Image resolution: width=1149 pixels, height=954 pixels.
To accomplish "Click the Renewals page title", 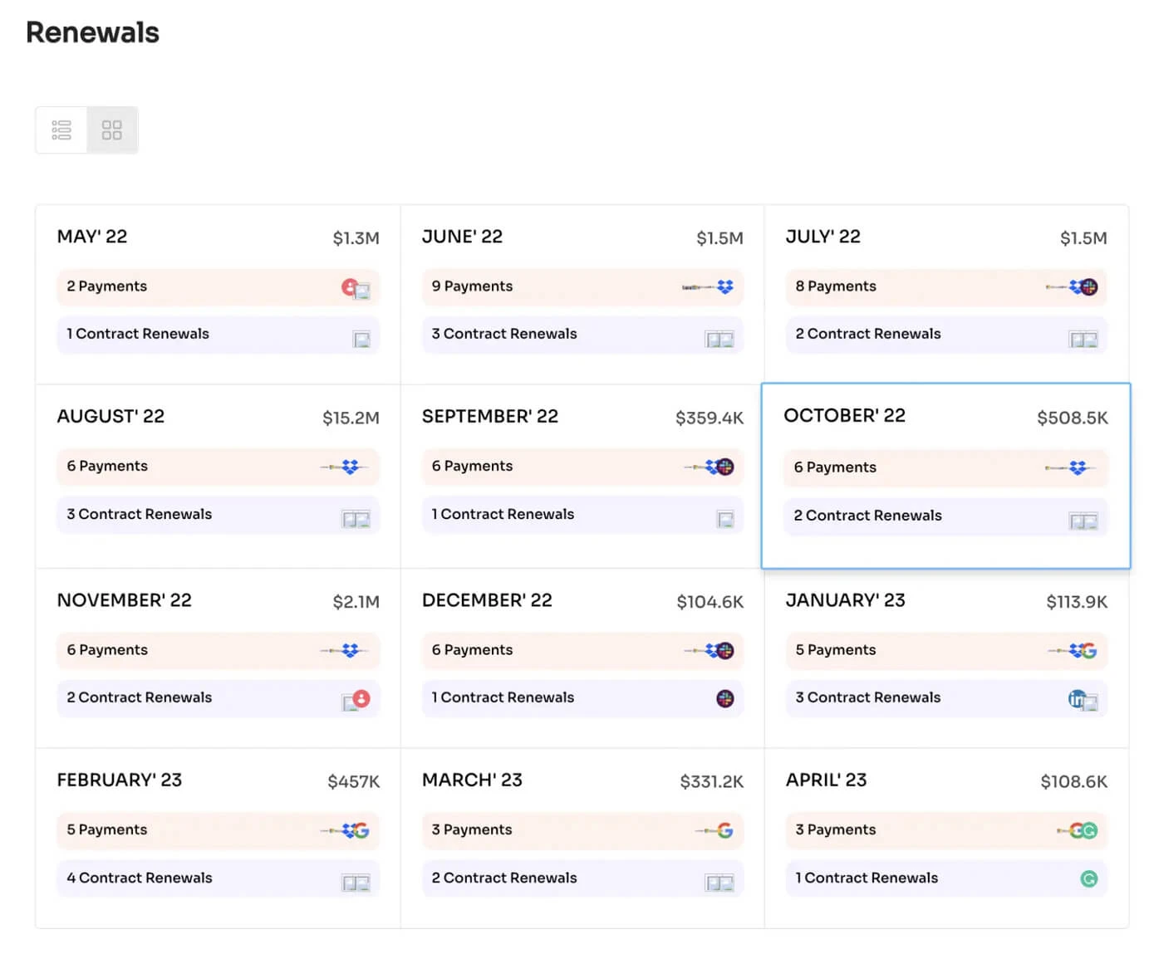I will tap(92, 32).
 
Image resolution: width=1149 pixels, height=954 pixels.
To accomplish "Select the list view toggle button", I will tap(61, 130).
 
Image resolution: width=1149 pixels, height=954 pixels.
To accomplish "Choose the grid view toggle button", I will tap(112, 130).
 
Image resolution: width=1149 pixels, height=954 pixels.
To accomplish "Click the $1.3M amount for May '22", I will tap(356, 238).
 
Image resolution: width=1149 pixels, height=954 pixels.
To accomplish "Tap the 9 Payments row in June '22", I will tap(472, 286).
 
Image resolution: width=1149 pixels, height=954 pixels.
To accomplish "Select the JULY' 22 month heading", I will tap(822, 237).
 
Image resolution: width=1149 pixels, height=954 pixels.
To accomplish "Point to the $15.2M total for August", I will tap(351, 418).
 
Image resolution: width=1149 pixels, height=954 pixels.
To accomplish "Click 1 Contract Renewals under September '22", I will tap(503, 515).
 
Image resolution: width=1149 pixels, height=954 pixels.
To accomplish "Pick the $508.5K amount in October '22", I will tap(1072, 418).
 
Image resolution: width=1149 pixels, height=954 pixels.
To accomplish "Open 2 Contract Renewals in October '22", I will tap(867, 516).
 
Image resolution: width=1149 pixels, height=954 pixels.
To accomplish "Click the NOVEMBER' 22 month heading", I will tap(124, 600).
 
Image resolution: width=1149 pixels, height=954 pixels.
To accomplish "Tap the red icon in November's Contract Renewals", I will tap(361, 698).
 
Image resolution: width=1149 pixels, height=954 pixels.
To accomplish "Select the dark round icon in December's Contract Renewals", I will tap(725, 698).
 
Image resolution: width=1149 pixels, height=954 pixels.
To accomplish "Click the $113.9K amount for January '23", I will tap(1077, 602).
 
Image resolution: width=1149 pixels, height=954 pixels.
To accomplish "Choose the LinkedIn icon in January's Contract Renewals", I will tap(1077, 699).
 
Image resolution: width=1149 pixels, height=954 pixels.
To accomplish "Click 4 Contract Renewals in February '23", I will tap(139, 878).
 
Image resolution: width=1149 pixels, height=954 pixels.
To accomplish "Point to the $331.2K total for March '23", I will tap(711, 781).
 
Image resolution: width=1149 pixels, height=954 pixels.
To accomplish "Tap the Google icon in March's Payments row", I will tap(725, 830).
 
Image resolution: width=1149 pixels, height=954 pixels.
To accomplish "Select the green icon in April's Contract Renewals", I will tap(1088, 878).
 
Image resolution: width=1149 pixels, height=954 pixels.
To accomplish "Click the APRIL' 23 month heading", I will tap(826, 780).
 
